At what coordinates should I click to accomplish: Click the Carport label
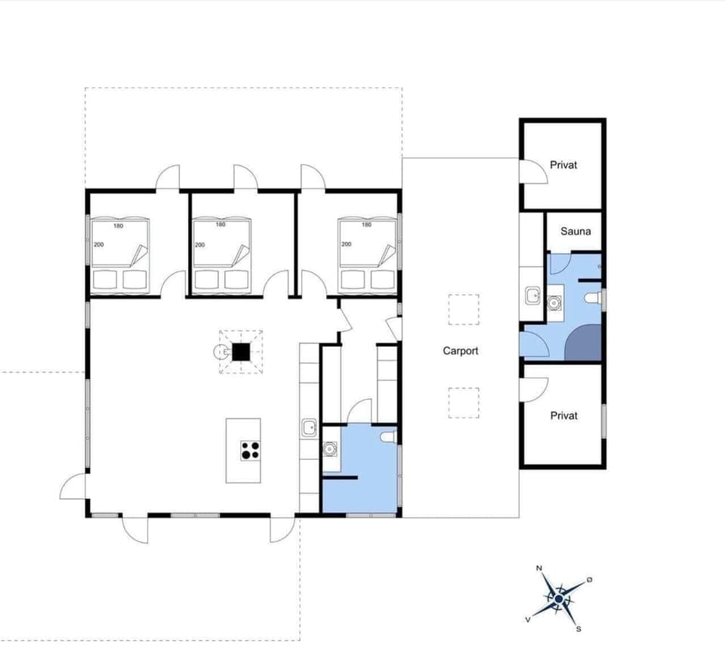(x=461, y=351)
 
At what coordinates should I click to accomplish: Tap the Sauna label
(x=575, y=232)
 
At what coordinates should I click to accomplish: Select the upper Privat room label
(x=563, y=165)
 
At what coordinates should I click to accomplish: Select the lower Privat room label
(x=563, y=416)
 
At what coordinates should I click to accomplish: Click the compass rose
(x=558, y=597)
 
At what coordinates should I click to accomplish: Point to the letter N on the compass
(x=539, y=568)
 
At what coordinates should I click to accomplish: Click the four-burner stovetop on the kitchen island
(x=250, y=451)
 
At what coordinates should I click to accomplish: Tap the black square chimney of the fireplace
(x=241, y=352)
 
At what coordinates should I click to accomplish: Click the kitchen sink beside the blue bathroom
(x=309, y=429)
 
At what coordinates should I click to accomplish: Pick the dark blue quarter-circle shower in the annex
(x=584, y=343)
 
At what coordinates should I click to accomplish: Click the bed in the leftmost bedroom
(x=120, y=255)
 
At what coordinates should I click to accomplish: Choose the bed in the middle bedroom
(x=222, y=255)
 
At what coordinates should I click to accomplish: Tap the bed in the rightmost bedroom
(x=368, y=255)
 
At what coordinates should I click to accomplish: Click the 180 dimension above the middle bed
(x=221, y=225)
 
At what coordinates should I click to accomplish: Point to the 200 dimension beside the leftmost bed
(x=97, y=245)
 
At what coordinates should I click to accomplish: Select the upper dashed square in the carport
(x=463, y=309)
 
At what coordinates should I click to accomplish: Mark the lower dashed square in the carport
(x=463, y=402)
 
